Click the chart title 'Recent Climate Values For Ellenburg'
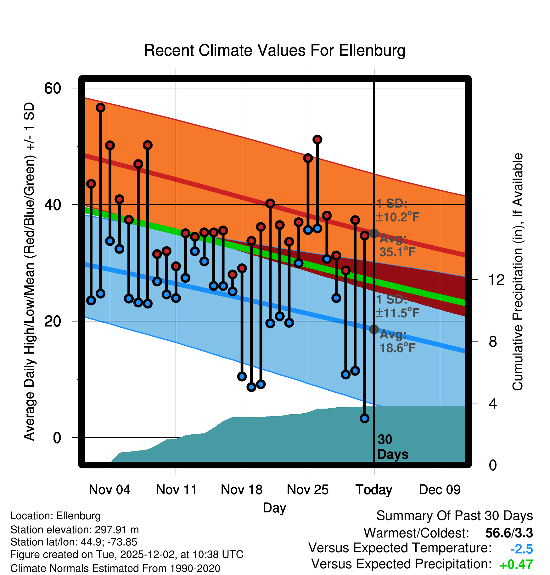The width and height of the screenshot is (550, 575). point(275,50)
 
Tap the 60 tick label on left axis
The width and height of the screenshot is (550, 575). point(53,88)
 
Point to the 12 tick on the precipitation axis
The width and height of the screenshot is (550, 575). point(496,280)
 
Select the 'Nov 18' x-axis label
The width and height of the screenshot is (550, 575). point(242,490)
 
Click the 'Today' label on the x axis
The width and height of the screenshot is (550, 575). point(374,490)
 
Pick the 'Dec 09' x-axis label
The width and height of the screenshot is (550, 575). point(440,490)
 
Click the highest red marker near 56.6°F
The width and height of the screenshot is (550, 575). point(100,108)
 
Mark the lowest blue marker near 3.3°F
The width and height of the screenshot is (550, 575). point(364,418)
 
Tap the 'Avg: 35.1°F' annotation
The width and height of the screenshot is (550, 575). point(397,245)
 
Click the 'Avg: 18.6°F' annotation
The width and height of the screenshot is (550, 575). point(397,341)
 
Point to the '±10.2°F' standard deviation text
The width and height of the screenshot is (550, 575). point(397,217)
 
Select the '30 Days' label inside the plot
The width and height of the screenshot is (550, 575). point(392,447)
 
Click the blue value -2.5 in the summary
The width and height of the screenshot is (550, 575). point(521,549)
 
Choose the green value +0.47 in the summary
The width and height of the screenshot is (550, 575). point(516,565)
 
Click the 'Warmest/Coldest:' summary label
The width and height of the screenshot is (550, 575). point(416,533)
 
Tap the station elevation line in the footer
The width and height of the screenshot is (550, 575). point(75,530)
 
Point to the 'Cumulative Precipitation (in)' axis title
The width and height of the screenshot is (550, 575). point(517,272)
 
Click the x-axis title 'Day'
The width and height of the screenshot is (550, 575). point(274,508)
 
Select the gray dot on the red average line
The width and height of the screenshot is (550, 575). point(374,233)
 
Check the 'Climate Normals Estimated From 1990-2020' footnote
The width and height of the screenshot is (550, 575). point(115,568)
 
